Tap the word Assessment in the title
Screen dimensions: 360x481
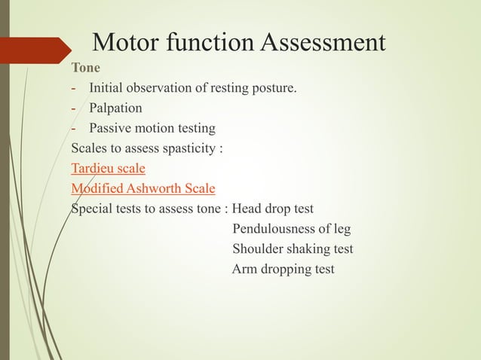click(323, 43)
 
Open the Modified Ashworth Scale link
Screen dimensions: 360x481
click(143, 188)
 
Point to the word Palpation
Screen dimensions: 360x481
click(115, 108)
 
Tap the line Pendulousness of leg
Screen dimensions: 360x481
click(291, 229)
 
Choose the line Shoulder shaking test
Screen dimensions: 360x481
click(293, 249)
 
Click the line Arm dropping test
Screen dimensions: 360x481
click(283, 269)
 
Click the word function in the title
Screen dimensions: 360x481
click(214, 43)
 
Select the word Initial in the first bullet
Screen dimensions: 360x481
click(106, 90)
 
